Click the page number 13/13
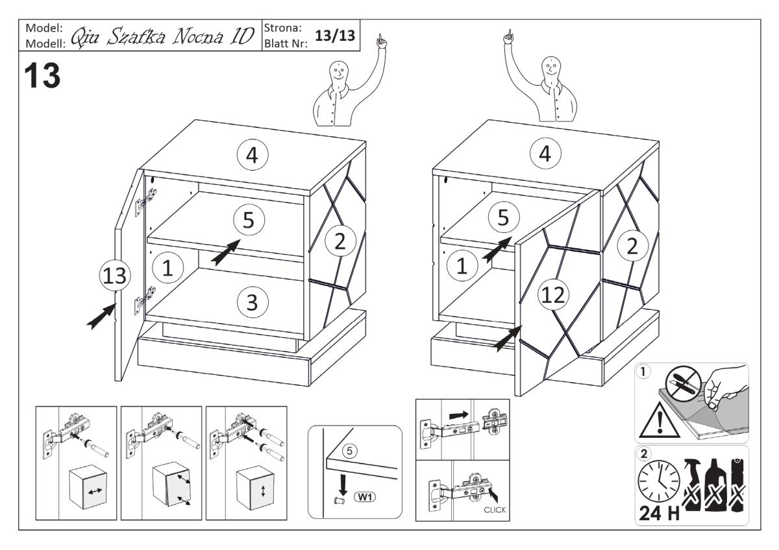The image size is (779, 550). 335,36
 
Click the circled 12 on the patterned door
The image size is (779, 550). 554,295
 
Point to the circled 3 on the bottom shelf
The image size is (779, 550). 249,302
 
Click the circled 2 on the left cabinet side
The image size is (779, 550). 340,243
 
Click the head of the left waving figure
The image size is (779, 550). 336,71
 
